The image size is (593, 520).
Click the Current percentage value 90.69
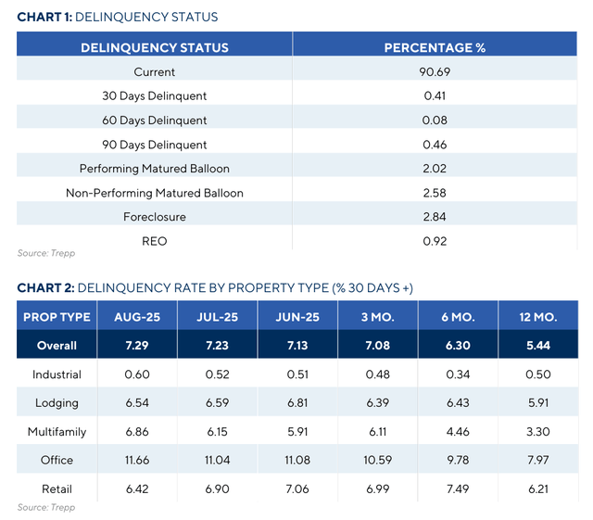tap(435, 71)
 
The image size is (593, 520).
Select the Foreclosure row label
tap(155, 217)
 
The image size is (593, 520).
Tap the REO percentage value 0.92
tap(435, 241)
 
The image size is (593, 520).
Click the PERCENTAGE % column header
tap(435, 47)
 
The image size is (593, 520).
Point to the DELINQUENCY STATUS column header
tap(155, 47)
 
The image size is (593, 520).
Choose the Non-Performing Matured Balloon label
tap(155, 193)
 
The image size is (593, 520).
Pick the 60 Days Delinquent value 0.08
tap(435, 120)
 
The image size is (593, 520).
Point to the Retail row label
tap(57, 488)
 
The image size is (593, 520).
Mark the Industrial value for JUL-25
tap(219, 374)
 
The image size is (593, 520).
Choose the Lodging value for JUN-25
tap(298, 402)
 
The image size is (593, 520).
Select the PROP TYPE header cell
tap(57, 317)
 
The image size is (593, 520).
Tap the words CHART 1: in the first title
tap(46, 17)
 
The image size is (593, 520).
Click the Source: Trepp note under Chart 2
tap(45, 508)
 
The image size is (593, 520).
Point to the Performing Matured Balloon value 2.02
tap(435, 169)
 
